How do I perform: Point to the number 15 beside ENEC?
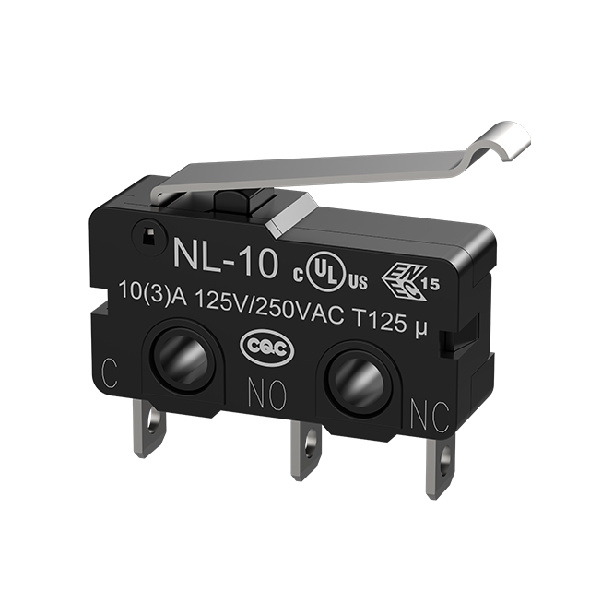pos(431,285)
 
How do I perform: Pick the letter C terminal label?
pos(110,373)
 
